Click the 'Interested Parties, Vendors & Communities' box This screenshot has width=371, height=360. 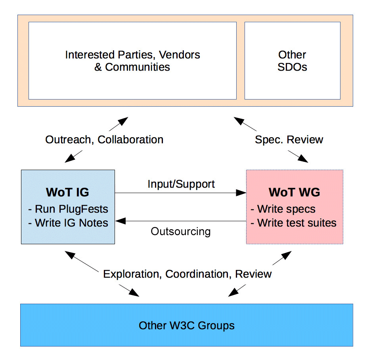pyautogui.click(x=132, y=60)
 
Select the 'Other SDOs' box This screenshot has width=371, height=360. pyautogui.click(x=292, y=60)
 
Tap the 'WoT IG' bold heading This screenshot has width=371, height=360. pyautogui.click(x=67, y=192)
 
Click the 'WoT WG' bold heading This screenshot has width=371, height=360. pyautogui.click(x=294, y=192)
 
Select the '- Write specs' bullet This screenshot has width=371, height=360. pyautogui.click(x=283, y=209)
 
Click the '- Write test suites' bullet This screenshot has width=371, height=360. pyautogui.click(x=294, y=223)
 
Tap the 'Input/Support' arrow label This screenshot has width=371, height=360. pyautogui.click(x=181, y=184)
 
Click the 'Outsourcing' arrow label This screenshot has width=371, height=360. pyautogui.click(x=181, y=231)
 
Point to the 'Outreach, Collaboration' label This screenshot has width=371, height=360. pyautogui.click(x=104, y=140)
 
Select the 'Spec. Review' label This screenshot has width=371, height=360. pyautogui.click(x=289, y=140)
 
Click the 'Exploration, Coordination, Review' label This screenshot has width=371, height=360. pyautogui.click(x=187, y=274)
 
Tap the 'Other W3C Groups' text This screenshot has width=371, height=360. pyautogui.click(x=187, y=326)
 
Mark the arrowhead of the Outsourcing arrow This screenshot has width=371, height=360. pyautogui.click(x=120, y=221)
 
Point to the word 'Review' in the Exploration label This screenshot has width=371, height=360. pyautogui.click(x=253, y=274)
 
